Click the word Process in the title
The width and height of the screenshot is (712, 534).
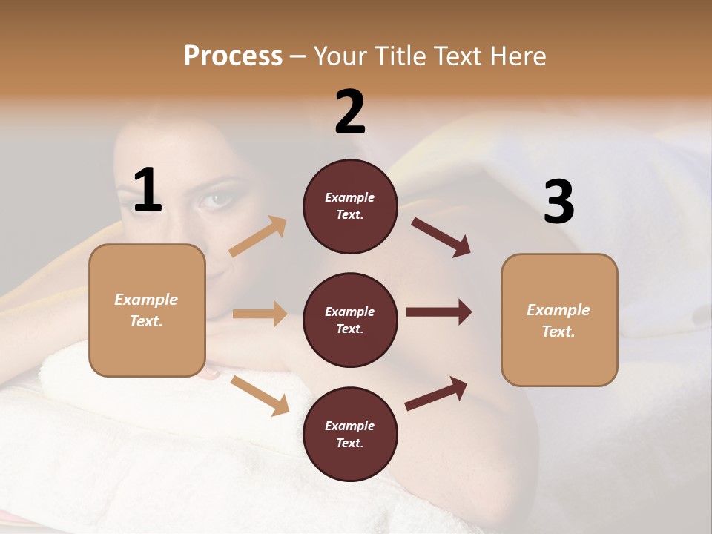[233, 56]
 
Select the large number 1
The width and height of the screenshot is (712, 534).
[148, 191]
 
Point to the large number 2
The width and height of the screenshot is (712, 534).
[350, 112]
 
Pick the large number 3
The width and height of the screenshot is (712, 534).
[559, 202]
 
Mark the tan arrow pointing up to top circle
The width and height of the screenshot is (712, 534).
[258, 237]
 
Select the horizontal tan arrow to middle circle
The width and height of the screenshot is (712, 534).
[260, 314]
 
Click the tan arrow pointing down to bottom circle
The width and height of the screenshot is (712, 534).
[260, 395]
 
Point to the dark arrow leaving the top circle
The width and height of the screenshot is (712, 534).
[441, 237]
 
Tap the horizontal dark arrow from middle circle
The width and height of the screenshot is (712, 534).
[439, 312]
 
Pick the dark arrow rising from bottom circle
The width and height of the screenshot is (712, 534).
[436, 393]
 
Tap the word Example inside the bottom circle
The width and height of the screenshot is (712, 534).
[349, 426]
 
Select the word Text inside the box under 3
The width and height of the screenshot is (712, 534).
[558, 332]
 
